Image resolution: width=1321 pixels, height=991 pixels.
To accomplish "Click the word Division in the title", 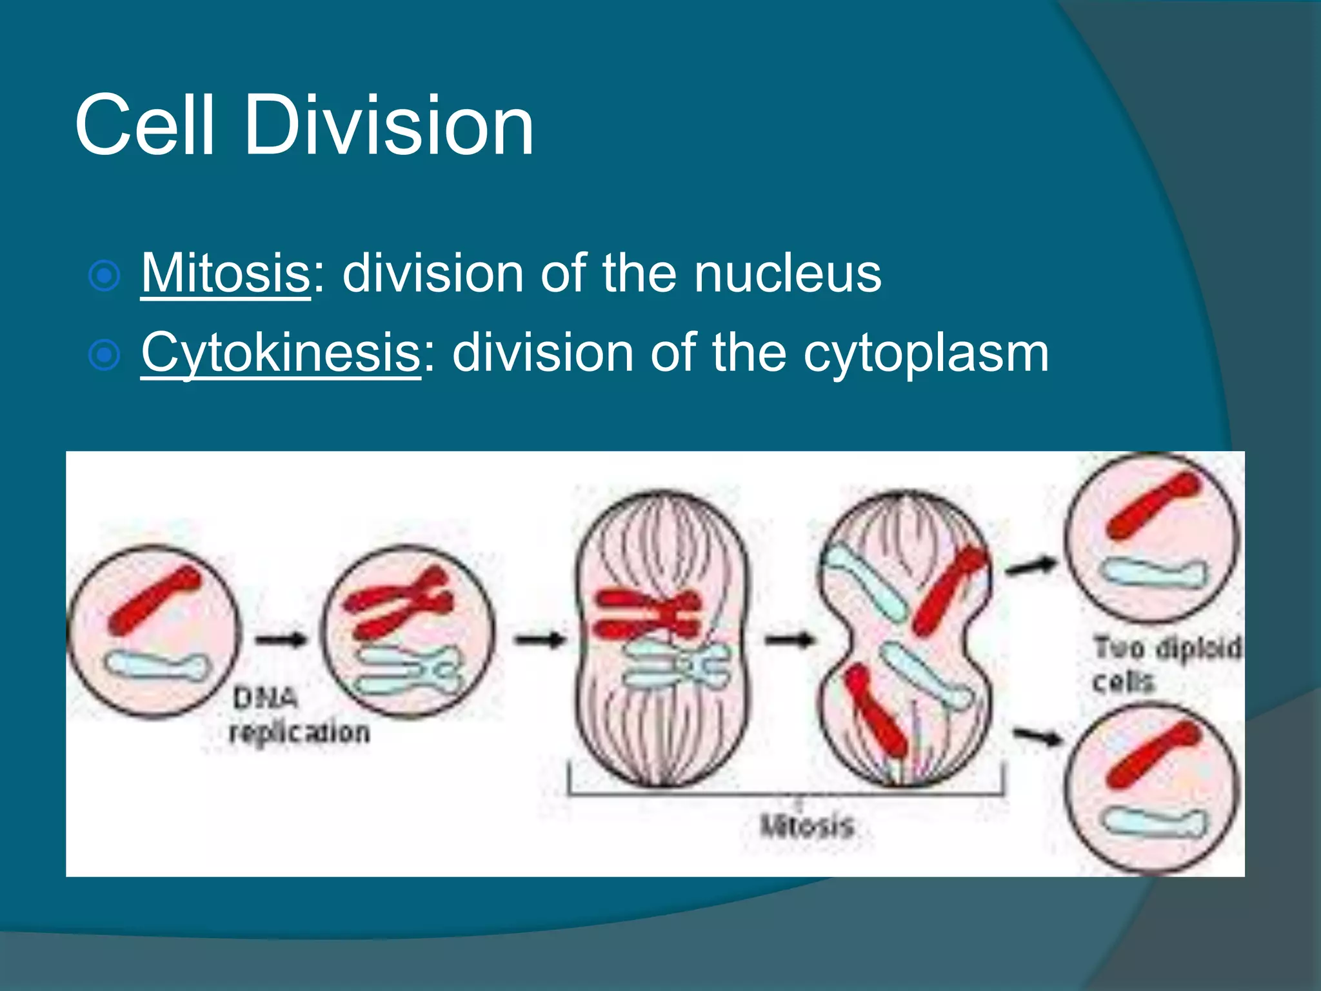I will tap(389, 125).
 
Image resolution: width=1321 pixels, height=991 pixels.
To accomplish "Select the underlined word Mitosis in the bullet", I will tap(226, 274).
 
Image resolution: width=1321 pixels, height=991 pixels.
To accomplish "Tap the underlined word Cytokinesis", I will tap(281, 354).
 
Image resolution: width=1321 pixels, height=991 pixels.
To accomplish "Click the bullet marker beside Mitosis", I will tap(104, 276).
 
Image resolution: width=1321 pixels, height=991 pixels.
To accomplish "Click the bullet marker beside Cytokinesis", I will tap(104, 355).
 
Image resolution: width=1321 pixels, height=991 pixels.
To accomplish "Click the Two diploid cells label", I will tap(1166, 663).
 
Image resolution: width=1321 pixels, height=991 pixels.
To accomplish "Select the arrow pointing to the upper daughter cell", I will tap(1031, 566).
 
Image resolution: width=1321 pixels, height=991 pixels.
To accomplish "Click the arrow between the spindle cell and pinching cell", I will tap(788, 640).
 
